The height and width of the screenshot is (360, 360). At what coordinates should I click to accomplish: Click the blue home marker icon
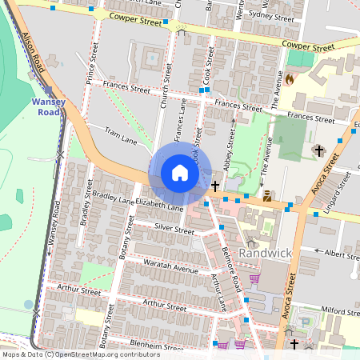tap(180, 173)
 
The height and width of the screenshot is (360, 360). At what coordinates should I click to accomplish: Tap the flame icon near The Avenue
tap(290, 79)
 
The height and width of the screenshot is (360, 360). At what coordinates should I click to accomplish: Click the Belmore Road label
tap(233, 271)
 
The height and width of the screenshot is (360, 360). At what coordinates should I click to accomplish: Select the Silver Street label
tap(174, 229)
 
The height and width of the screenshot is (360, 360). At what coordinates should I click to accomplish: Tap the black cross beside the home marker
tap(216, 185)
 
